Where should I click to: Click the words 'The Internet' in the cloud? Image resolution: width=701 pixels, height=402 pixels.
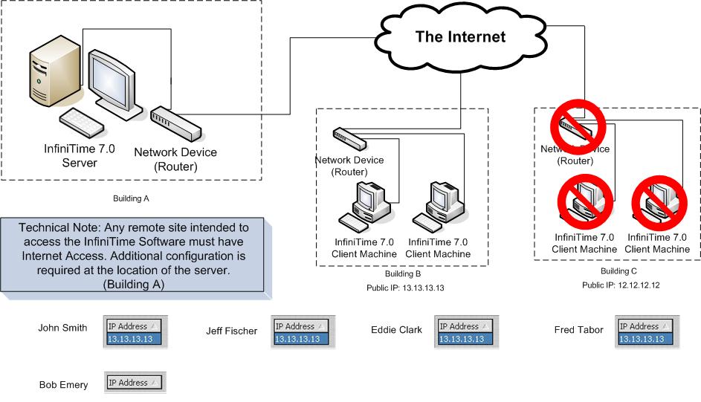(460, 36)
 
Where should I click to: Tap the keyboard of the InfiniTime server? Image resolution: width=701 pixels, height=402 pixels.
(81, 118)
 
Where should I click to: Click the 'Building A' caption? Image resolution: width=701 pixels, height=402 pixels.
(131, 199)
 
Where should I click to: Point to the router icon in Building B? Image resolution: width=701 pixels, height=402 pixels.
(349, 137)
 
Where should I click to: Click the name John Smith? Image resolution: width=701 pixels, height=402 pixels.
(62, 328)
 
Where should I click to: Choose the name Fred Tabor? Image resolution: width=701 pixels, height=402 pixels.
(579, 330)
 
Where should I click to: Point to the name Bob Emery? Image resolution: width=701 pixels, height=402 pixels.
(63, 385)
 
